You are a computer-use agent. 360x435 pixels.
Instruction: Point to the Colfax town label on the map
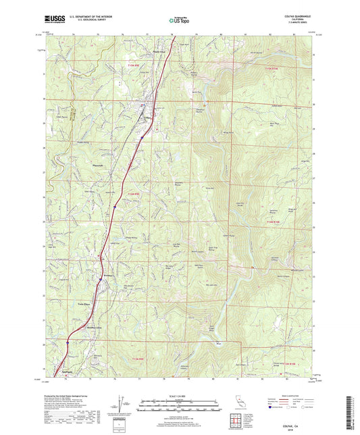(x=147, y=117)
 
